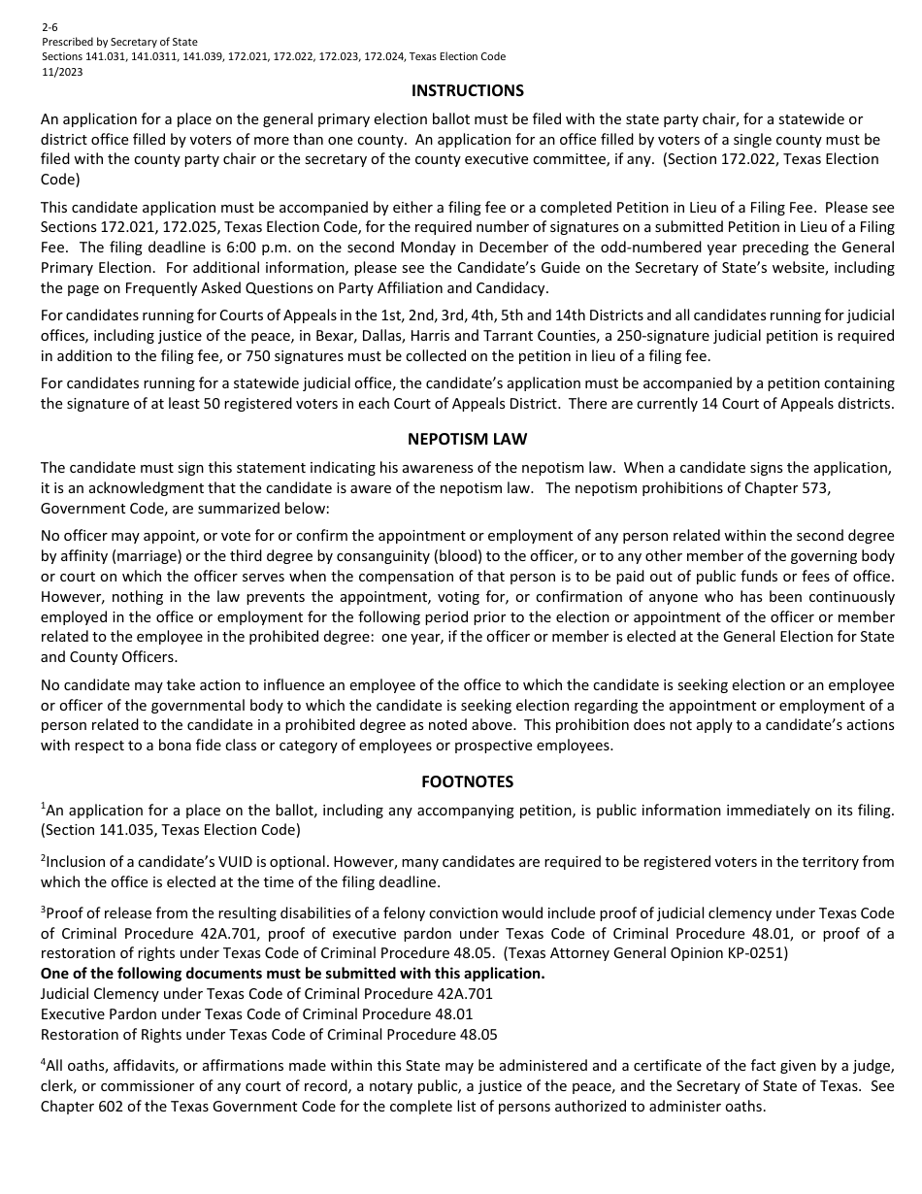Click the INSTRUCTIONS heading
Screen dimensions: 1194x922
click(467, 90)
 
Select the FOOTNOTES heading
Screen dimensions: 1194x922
click(467, 780)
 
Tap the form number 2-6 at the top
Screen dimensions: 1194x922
click(49, 28)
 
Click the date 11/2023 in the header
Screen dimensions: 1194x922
click(61, 71)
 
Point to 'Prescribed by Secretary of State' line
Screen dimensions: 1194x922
click(119, 42)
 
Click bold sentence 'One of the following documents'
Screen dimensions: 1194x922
click(292, 973)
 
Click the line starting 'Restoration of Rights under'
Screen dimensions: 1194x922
click(269, 1034)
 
